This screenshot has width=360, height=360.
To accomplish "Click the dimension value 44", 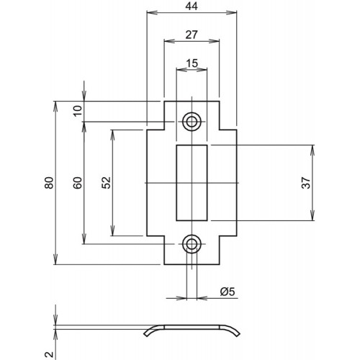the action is point(192,6).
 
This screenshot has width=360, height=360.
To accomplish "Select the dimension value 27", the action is point(192,35).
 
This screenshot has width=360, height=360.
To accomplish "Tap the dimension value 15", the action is point(192,63).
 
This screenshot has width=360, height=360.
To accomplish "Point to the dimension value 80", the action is point(49,183).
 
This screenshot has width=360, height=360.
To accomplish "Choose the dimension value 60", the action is point(78,183).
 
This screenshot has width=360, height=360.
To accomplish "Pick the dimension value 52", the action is point(106,183).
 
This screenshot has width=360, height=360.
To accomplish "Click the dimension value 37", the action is point(306,183).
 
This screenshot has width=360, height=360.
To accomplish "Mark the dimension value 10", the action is point(78,111).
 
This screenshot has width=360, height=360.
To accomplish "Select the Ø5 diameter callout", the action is point(228,292).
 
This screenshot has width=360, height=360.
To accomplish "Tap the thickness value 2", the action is point(49,354).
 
